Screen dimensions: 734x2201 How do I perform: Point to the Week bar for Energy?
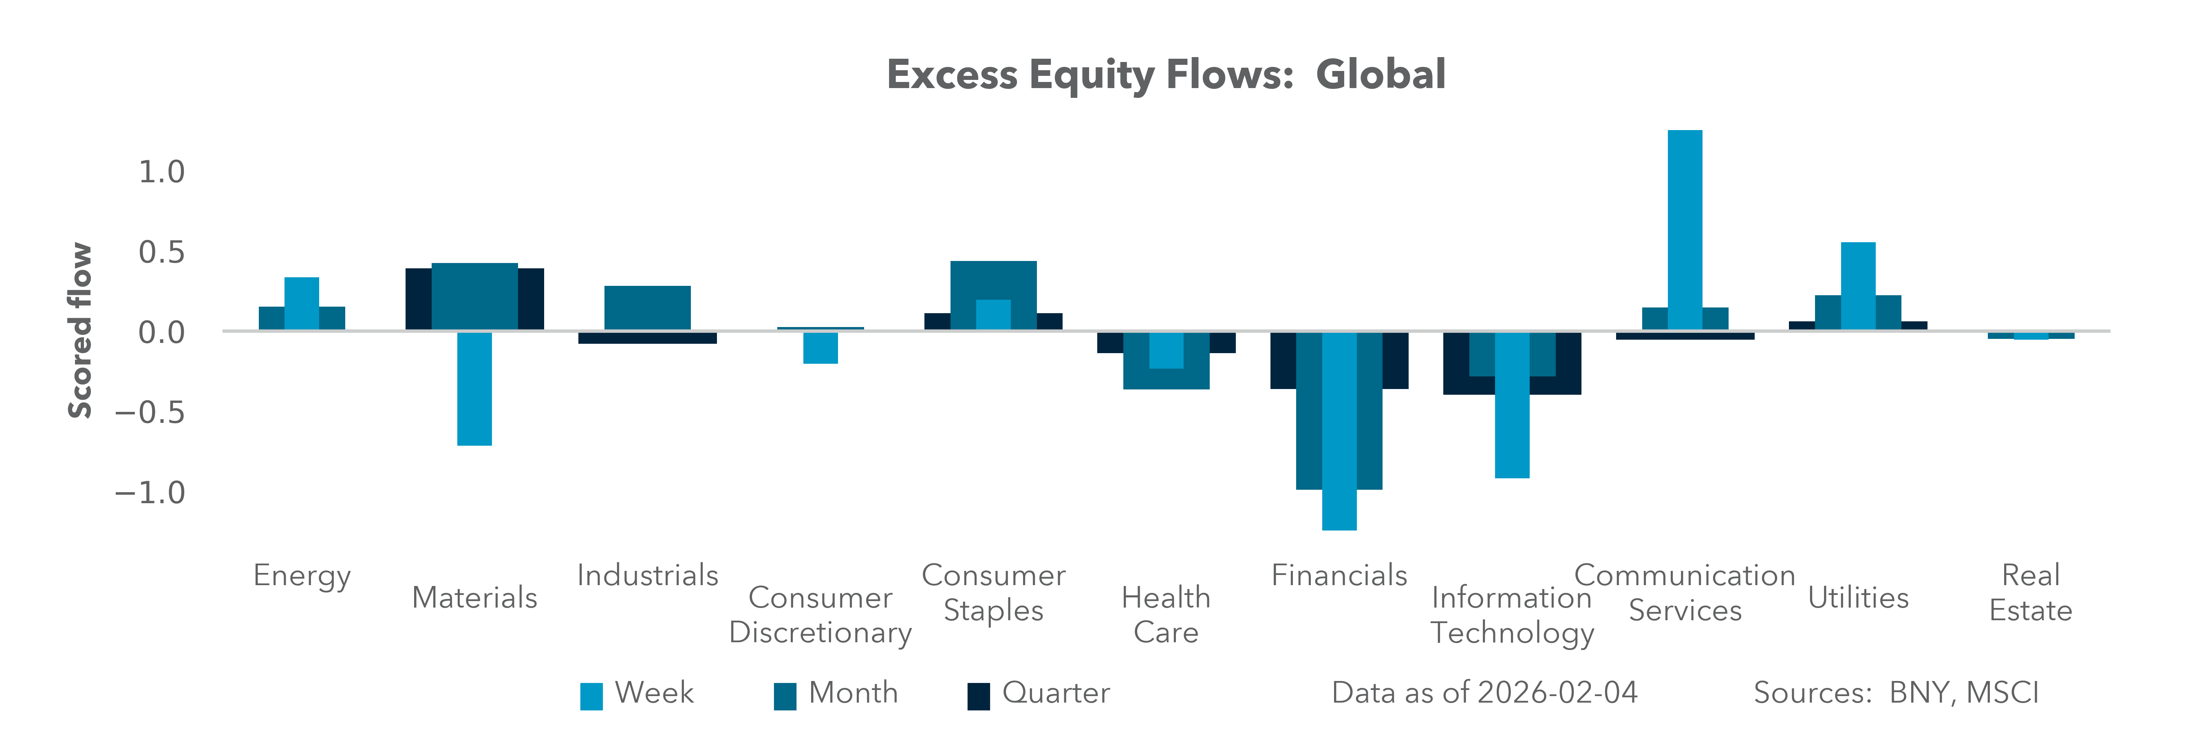pos(302,303)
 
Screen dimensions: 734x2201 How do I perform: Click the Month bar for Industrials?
pos(647,307)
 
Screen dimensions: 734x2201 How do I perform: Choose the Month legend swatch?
pos(784,696)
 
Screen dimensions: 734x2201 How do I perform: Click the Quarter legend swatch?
pos(978,696)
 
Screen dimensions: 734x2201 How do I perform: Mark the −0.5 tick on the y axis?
pos(150,413)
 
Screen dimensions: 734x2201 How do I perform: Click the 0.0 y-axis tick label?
pos(161,332)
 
